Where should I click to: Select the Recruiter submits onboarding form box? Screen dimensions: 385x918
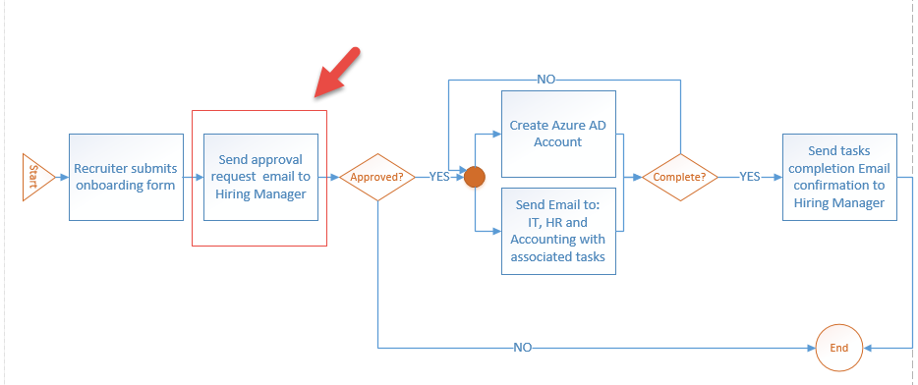pos(126,177)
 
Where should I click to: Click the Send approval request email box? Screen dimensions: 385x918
pos(260,177)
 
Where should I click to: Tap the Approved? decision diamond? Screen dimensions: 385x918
pos(376,177)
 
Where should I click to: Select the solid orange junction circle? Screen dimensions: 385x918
pos(475,177)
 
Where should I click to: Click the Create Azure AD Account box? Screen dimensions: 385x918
pos(558,135)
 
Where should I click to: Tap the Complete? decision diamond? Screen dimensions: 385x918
pos(681,177)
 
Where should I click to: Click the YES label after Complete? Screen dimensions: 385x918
pos(750,177)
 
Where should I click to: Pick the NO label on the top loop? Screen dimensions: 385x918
pos(546,79)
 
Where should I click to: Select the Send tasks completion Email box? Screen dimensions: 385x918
pos(839,177)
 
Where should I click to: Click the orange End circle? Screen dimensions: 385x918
pos(838,348)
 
